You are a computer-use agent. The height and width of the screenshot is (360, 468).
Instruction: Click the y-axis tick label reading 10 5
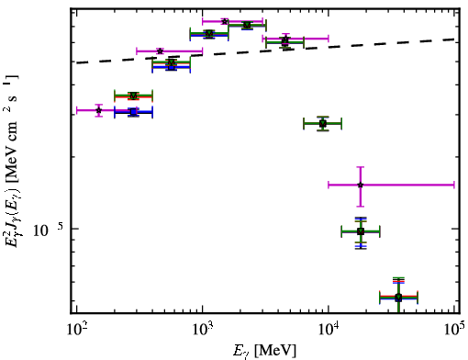coord(48,230)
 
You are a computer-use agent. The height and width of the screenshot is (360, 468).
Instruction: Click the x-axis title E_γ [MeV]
coord(264,351)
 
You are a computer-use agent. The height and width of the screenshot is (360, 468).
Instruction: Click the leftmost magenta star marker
coord(98,110)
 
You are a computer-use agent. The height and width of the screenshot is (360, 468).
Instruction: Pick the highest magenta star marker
coord(225,21)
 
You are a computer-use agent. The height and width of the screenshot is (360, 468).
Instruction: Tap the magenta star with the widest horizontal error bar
coord(361,185)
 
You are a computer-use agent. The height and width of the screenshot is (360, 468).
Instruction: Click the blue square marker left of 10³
coord(171,67)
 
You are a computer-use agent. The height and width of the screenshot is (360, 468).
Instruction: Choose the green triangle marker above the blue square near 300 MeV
coord(133,96)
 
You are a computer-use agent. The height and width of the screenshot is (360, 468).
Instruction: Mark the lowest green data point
coord(398,297)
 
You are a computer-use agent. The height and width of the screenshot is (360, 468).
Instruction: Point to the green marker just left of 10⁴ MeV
coord(323,124)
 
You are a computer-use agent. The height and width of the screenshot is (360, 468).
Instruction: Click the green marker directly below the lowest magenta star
coord(361,231)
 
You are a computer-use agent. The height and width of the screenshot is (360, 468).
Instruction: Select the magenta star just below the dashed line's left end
coord(98,110)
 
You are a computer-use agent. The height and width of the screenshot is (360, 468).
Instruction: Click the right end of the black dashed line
coord(454,39)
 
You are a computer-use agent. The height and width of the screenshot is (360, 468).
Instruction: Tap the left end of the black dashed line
coord(76,63)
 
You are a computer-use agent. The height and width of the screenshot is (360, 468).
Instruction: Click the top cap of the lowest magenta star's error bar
coord(361,167)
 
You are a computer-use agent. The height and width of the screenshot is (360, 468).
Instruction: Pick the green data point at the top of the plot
coord(247,25)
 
